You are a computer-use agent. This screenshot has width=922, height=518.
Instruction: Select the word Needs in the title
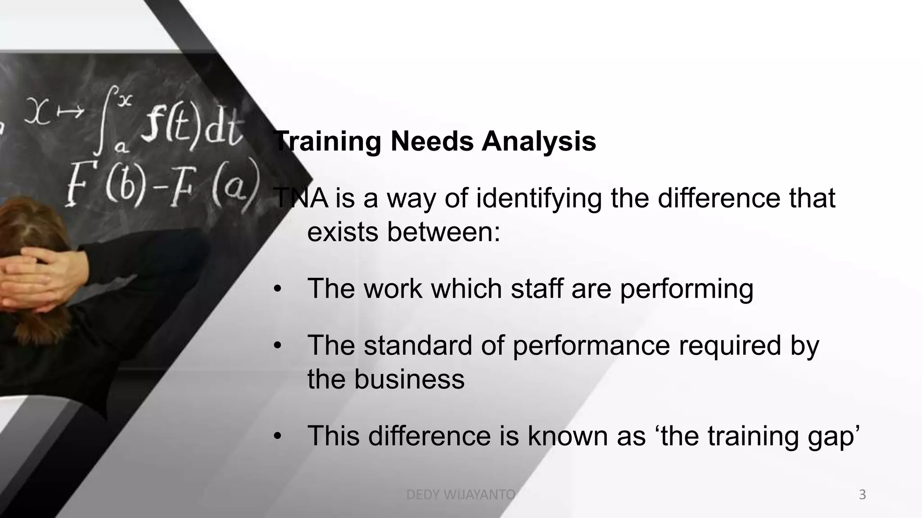click(x=432, y=142)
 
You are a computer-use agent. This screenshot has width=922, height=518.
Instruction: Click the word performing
click(x=687, y=289)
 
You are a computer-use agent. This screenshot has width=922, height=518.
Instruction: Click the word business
click(x=409, y=379)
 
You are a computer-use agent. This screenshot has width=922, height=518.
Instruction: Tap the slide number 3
click(x=862, y=495)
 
